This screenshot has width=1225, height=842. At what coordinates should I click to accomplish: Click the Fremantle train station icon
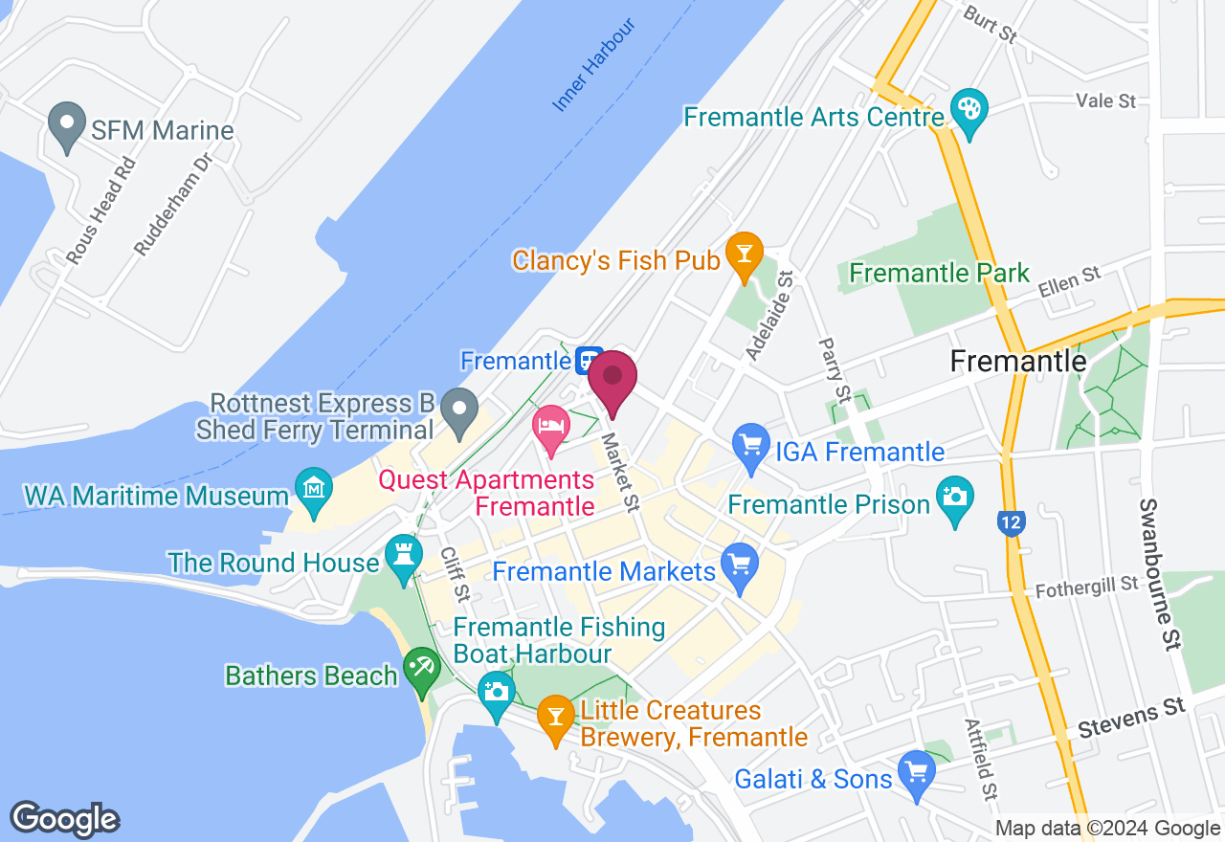pyautogui.click(x=589, y=361)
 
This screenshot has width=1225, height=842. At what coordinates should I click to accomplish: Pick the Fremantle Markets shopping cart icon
pyautogui.click(x=739, y=564)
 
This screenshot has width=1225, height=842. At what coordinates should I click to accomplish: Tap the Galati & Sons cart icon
pyautogui.click(x=917, y=772)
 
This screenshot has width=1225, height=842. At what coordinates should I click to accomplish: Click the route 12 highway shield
pyautogui.click(x=1012, y=522)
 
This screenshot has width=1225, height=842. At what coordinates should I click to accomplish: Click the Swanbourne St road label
pyautogui.click(x=1159, y=573)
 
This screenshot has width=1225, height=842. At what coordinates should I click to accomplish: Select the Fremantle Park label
pyautogui.click(x=940, y=273)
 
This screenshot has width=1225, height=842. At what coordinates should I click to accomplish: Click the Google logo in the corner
pyautogui.click(x=64, y=819)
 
